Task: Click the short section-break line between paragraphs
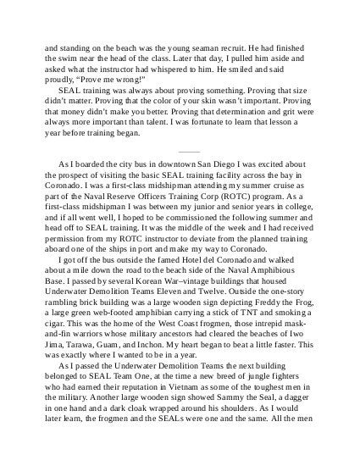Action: (x=179, y=152)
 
